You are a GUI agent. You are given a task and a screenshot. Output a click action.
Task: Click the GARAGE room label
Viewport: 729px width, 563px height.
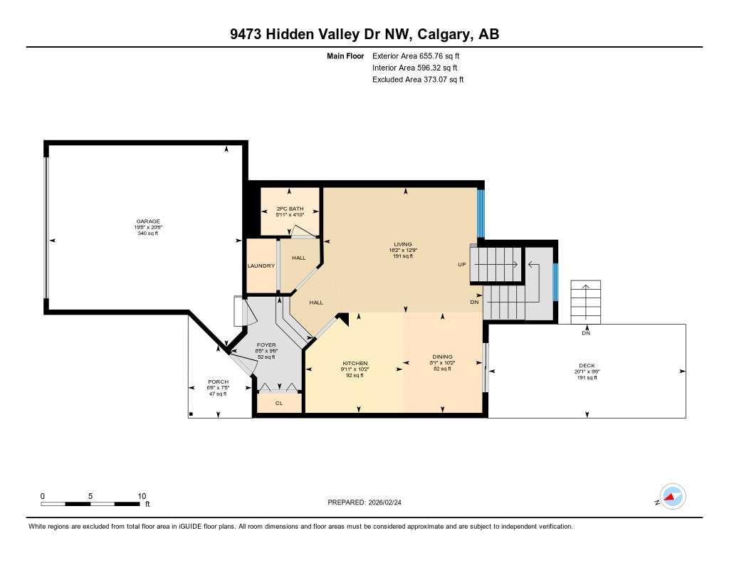pyautogui.click(x=148, y=221)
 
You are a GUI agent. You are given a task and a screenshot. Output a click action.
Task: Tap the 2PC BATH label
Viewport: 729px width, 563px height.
pyautogui.click(x=290, y=209)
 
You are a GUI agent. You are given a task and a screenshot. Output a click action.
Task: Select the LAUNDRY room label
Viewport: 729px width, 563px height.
pyautogui.click(x=261, y=265)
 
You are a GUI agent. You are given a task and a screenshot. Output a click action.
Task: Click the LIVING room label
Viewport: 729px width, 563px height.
pyautogui.click(x=403, y=244)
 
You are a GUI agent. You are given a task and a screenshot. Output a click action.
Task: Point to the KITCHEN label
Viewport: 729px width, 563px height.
pyautogui.click(x=354, y=364)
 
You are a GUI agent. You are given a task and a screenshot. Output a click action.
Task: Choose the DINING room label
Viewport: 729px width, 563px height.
pyautogui.click(x=442, y=357)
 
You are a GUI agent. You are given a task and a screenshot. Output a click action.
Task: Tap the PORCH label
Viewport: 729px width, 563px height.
pyautogui.click(x=218, y=382)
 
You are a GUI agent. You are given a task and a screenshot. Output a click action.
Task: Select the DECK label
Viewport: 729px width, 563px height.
pyautogui.click(x=587, y=366)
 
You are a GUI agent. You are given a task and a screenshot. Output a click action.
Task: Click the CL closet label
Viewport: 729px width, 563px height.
pyautogui.click(x=278, y=402)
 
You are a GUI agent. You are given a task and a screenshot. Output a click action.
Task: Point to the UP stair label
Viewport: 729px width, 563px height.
pyautogui.click(x=461, y=264)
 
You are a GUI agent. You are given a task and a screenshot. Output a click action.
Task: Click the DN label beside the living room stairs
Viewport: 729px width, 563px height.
pyautogui.click(x=475, y=302)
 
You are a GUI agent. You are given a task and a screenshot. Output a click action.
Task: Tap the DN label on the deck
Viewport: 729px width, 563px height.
pyautogui.click(x=585, y=333)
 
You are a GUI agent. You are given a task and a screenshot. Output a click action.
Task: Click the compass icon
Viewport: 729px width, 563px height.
pyautogui.click(x=672, y=497)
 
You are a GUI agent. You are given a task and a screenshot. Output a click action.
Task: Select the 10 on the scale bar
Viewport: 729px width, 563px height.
pyautogui.click(x=142, y=496)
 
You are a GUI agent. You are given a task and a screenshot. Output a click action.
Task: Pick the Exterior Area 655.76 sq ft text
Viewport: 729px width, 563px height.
pyautogui.click(x=421, y=56)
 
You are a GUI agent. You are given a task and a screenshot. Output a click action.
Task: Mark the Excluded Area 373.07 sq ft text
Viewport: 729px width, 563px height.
pyautogui.click(x=418, y=80)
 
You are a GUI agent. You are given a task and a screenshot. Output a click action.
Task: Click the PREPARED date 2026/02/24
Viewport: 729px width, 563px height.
pyautogui.click(x=369, y=502)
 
